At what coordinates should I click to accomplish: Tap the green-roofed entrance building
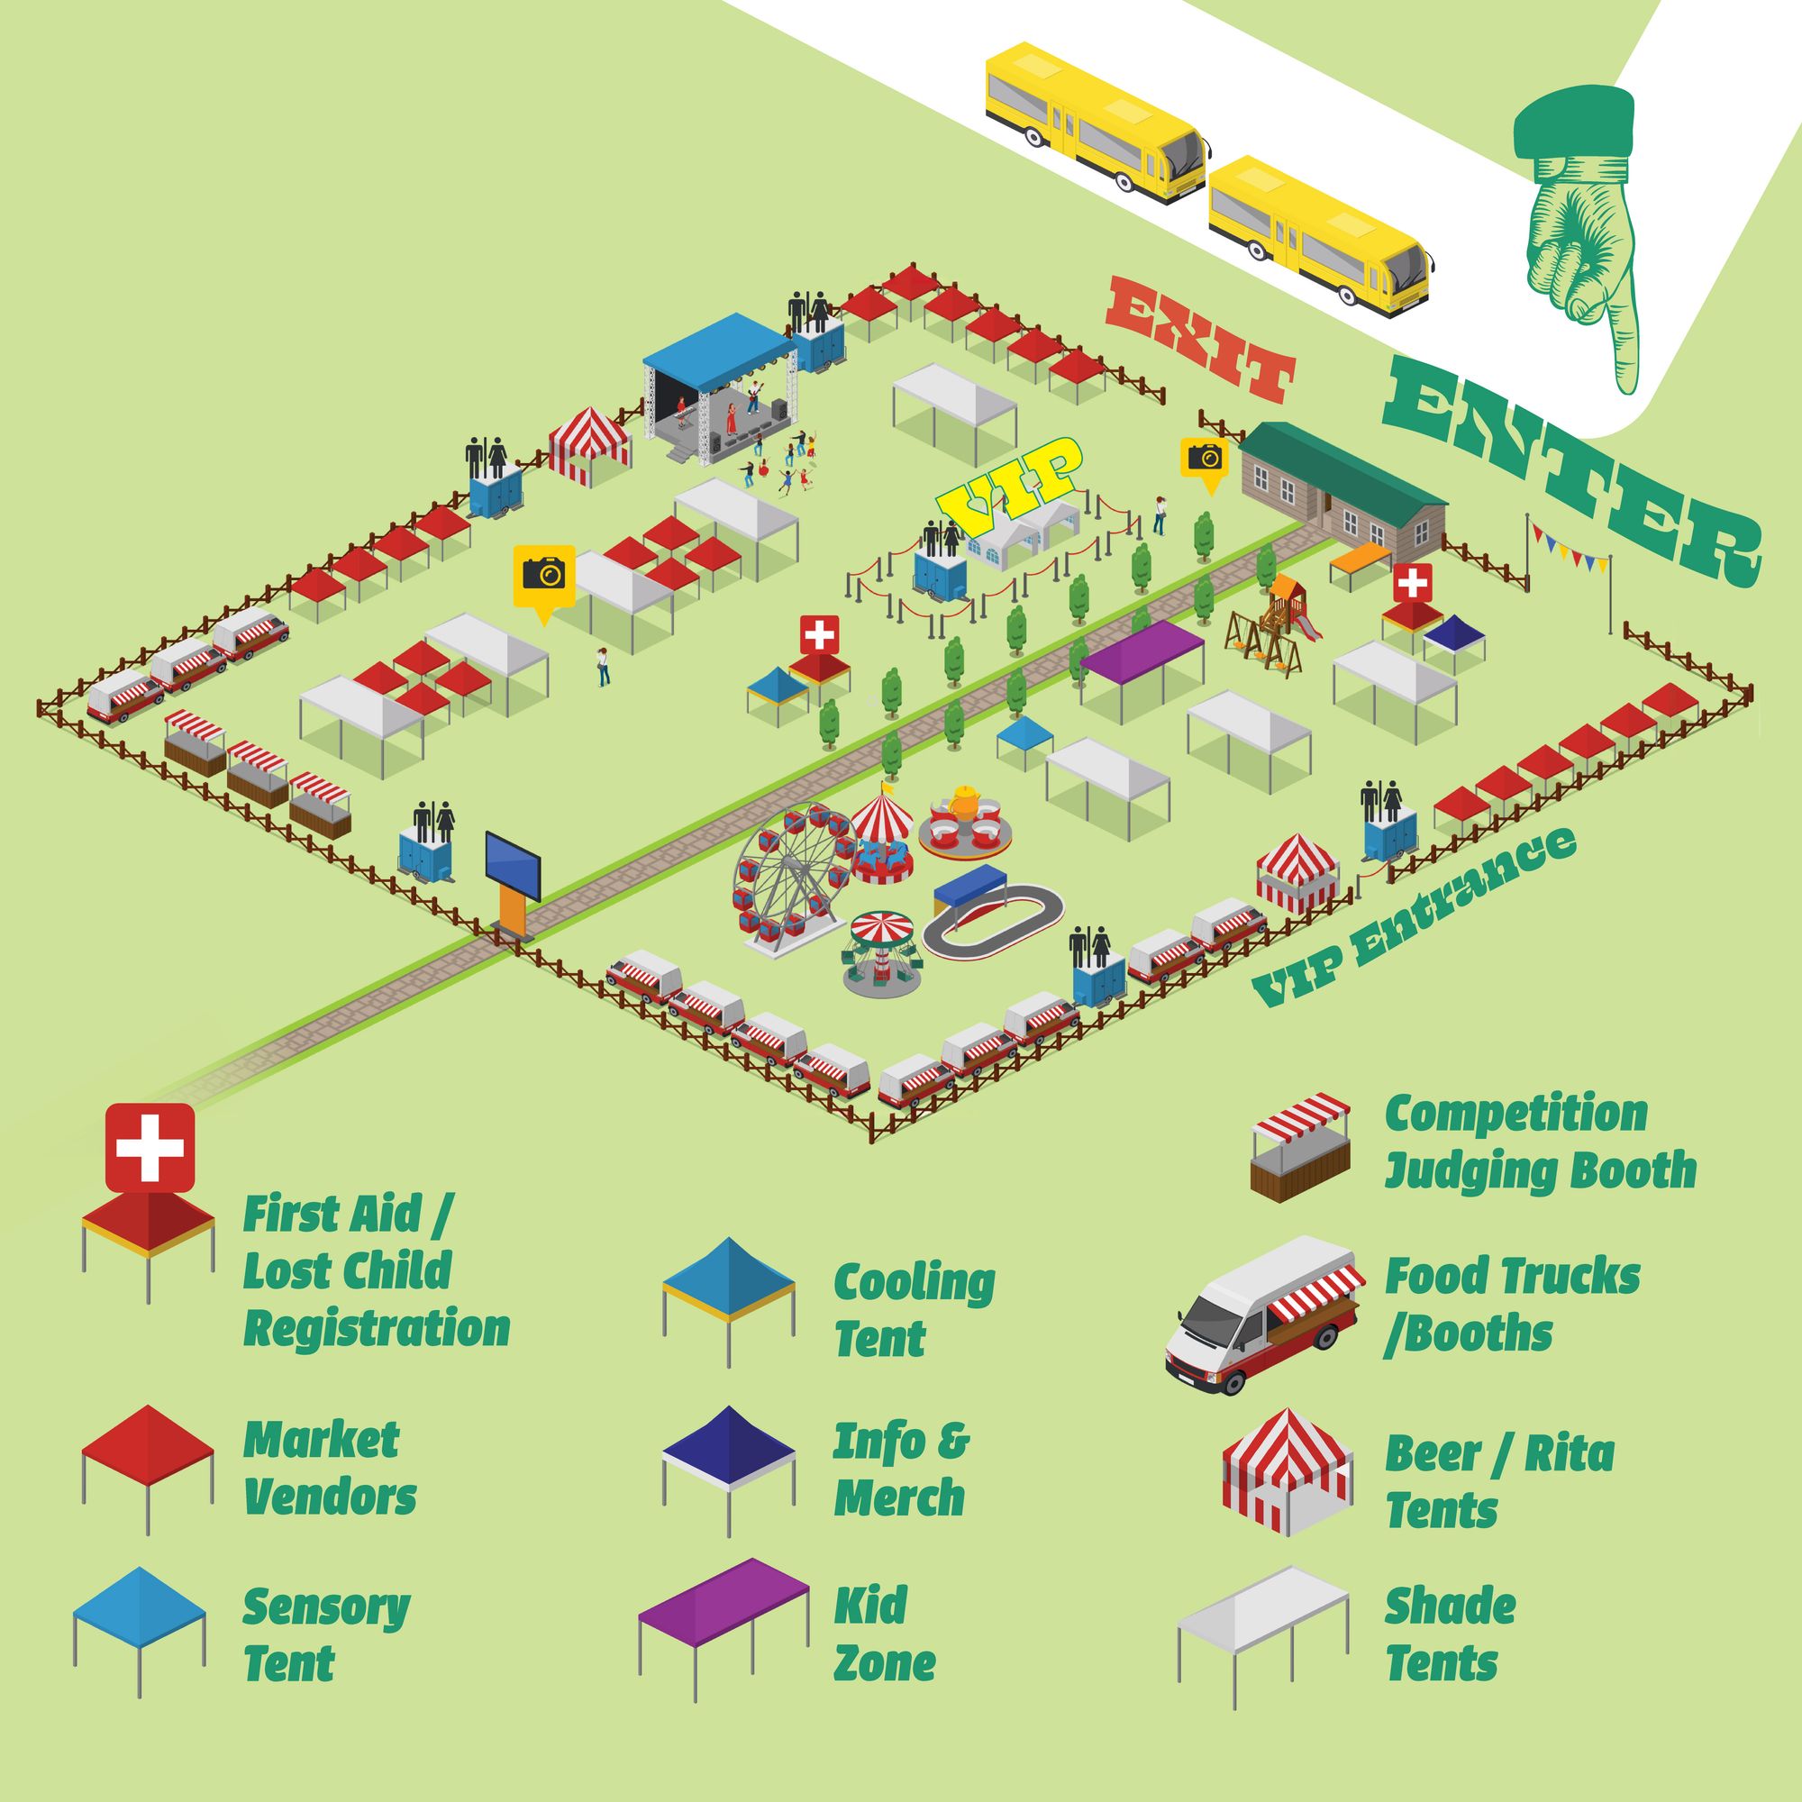pos(1343,485)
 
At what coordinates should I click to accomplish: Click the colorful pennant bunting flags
pos(1570,551)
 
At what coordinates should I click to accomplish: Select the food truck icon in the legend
pos(1261,1315)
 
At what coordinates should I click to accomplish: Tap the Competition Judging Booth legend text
pos(1540,1142)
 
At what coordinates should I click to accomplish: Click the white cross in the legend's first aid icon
pos(150,1147)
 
